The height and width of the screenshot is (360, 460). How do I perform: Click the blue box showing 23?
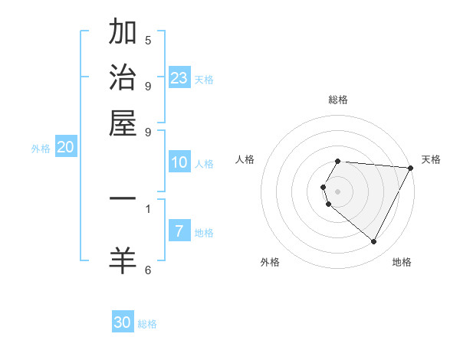click(x=179, y=78)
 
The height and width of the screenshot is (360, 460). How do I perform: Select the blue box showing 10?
click(x=179, y=162)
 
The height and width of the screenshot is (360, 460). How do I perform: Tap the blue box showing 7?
click(x=179, y=231)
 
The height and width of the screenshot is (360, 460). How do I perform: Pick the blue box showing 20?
click(x=65, y=148)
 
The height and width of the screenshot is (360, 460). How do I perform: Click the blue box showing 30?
click(x=123, y=322)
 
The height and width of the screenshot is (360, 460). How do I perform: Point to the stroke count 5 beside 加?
click(x=148, y=40)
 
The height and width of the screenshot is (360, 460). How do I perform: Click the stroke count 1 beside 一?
click(x=148, y=208)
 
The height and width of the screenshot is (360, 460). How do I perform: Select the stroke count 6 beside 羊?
click(x=148, y=269)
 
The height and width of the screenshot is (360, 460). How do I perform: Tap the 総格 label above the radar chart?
click(x=338, y=100)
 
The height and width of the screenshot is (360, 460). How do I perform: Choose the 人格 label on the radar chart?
click(x=245, y=159)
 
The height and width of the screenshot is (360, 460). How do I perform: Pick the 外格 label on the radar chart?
click(x=270, y=262)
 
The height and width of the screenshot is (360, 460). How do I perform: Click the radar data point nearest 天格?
click(x=411, y=168)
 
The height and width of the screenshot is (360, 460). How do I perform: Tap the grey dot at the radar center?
click(x=338, y=191)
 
